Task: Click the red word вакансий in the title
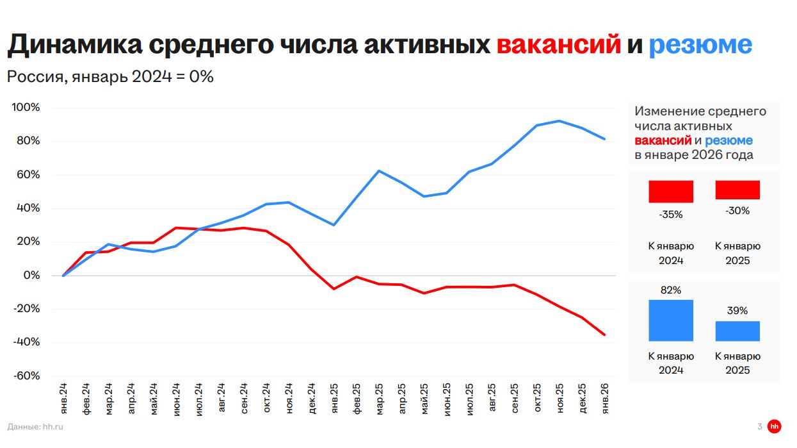[x=558, y=45]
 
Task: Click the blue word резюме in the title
[x=700, y=45]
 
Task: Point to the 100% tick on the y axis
[x=26, y=108]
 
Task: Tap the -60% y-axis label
[x=26, y=376]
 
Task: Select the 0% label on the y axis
[x=31, y=276]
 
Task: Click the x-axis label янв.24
[x=63, y=399]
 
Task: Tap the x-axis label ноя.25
[x=560, y=399]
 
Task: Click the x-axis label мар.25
[x=379, y=399]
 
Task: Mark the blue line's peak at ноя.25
[x=560, y=120]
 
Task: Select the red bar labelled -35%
[x=671, y=192]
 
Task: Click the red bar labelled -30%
[x=737, y=190]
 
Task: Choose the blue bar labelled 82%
[x=671, y=320]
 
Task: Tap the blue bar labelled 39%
[x=737, y=331]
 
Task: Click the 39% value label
[x=737, y=311]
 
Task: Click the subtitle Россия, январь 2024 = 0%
[x=110, y=77]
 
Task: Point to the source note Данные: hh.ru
[x=36, y=426]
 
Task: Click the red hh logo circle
[x=775, y=426]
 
